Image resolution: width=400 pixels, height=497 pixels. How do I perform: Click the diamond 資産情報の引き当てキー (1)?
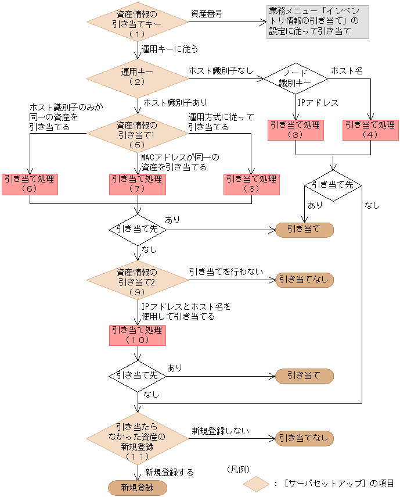point(138,23)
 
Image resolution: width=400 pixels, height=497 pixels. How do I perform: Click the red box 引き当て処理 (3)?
point(296,130)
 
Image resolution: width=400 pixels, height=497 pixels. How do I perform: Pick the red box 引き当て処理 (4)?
point(370,130)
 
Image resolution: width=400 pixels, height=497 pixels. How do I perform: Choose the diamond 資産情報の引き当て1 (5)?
point(138,134)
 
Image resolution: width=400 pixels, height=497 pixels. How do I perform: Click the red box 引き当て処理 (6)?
point(29,184)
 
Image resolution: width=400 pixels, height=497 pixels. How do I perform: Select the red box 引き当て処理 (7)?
point(138,184)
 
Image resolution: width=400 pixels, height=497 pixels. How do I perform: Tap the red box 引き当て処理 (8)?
point(251,184)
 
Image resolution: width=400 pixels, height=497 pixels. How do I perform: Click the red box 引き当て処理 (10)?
point(138,335)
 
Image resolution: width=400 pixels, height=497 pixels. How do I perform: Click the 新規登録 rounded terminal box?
point(138,487)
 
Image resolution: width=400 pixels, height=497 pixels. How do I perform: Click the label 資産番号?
point(206,13)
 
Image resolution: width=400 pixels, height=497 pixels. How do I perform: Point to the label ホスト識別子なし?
point(221,70)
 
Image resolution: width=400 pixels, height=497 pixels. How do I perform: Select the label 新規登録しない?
point(220,431)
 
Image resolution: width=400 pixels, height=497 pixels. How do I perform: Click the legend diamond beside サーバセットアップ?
point(256,483)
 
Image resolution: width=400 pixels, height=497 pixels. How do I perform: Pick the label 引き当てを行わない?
point(225,271)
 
